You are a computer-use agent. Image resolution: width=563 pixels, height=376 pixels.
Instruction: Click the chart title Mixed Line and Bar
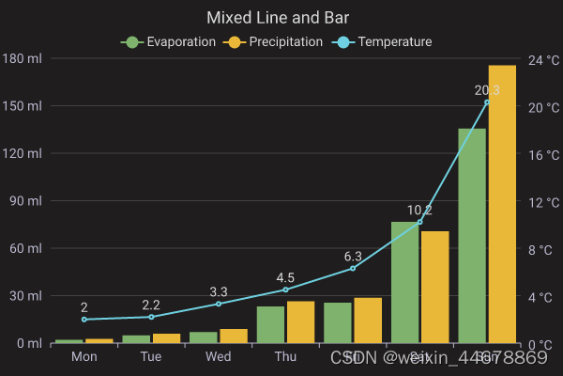click(x=281, y=17)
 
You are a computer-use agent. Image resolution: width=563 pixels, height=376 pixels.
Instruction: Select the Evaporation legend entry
click(x=170, y=42)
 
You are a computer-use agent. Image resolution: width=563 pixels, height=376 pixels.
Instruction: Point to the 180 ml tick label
click(x=22, y=58)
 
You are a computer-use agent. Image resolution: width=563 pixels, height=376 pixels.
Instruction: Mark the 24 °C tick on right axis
click(x=541, y=58)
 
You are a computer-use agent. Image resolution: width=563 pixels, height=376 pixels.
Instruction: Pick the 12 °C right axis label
click(x=541, y=201)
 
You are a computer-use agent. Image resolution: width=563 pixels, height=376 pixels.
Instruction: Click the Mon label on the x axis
click(x=84, y=357)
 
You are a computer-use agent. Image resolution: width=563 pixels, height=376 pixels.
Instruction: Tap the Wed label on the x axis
click(x=219, y=357)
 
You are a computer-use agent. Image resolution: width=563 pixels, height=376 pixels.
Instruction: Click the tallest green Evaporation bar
click(x=472, y=235)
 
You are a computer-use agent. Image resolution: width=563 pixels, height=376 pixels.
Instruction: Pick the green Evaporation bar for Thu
click(x=270, y=324)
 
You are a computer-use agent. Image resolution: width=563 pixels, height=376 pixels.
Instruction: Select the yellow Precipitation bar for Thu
click(x=300, y=321)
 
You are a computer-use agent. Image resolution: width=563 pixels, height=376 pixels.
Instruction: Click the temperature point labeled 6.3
click(x=353, y=268)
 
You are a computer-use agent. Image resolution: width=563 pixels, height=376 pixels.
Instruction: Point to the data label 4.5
click(x=285, y=277)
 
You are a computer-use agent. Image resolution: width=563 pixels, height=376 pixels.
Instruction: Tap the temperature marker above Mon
click(x=84, y=320)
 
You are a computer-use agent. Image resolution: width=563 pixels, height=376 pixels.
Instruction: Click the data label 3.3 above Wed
click(x=219, y=291)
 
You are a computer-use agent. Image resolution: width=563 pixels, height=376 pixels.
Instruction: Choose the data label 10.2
click(x=419, y=210)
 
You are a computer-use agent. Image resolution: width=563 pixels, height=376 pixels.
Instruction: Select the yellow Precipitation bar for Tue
click(x=166, y=338)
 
